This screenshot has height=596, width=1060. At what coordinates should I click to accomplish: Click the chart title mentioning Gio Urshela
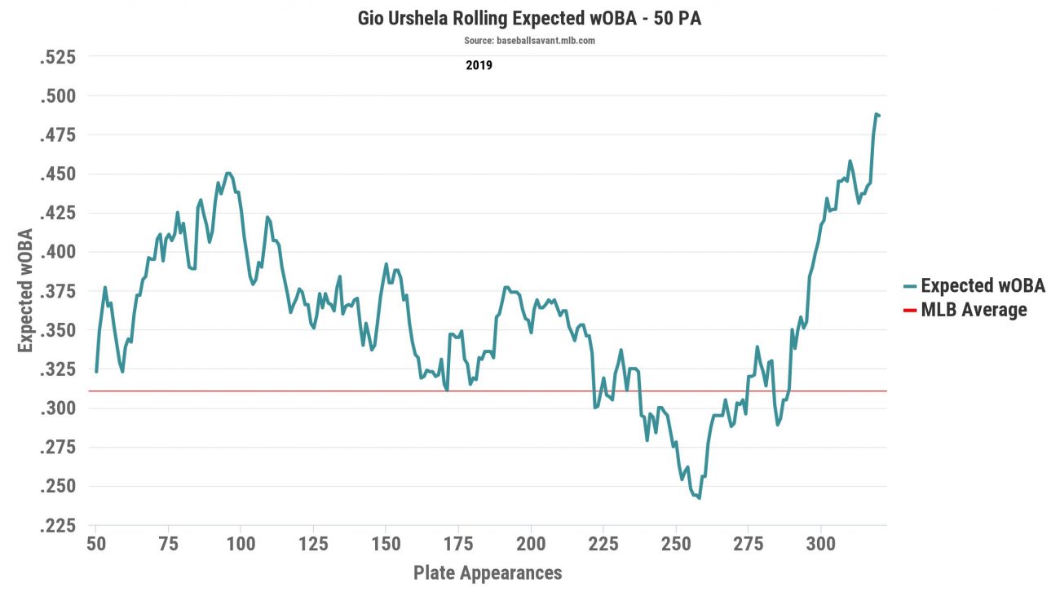tap(529, 18)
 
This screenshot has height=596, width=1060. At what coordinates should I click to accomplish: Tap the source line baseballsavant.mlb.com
tap(529, 41)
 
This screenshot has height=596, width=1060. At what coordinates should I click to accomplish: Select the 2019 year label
tap(479, 65)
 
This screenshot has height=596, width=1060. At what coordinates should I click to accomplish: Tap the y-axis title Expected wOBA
tap(26, 291)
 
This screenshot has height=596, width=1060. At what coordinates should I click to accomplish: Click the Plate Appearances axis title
tap(488, 572)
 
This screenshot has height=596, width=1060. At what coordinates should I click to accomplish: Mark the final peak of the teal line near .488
tap(877, 114)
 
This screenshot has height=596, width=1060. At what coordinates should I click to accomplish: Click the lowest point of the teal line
tap(700, 498)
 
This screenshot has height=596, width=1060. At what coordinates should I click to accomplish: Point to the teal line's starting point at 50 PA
tap(96, 372)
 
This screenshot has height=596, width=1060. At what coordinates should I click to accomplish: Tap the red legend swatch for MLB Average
tap(911, 311)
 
